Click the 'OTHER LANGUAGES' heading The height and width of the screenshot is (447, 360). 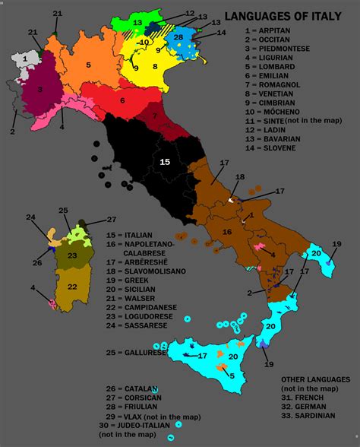click(315, 379)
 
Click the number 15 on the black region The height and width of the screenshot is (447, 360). click(163, 161)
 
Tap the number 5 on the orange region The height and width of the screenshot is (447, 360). click(88, 65)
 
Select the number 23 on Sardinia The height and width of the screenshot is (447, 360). click(71, 255)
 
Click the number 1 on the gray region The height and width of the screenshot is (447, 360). click(25, 58)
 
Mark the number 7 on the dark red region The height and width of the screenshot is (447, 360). click(155, 116)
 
